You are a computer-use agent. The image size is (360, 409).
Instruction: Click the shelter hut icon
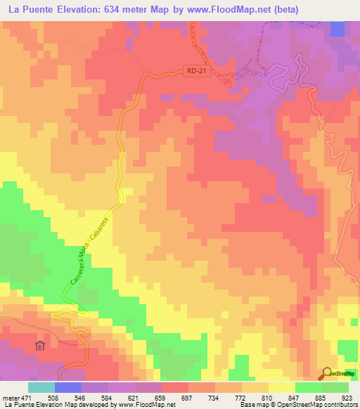(x=40, y=345)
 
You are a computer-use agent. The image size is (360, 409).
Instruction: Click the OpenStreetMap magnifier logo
(x=327, y=374)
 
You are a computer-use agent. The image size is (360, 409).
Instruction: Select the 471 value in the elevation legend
(x=20, y=398)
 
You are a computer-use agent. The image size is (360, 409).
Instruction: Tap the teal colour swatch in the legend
(x=41, y=387)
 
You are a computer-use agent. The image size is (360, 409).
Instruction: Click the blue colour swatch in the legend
(x=68, y=387)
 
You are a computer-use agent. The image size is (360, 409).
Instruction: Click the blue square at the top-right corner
(x=337, y=29)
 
